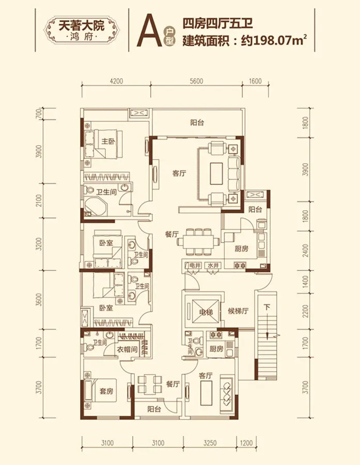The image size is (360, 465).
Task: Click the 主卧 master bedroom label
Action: point(108,142)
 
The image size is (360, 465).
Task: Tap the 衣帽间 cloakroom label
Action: point(128,349)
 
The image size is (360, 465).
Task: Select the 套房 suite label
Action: point(106,391)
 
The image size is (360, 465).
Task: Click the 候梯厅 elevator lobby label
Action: point(238,311)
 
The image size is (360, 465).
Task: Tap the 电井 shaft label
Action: point(195,266)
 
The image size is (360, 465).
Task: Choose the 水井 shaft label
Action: point(213,266)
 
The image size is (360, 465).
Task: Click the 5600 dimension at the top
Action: point(196,81)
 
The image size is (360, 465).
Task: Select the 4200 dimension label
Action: point(116,81)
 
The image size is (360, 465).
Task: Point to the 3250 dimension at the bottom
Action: point(210,443)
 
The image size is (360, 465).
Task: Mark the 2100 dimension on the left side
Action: point(39,201)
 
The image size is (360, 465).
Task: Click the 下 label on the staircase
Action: point(267,307)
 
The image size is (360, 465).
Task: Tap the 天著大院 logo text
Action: point(82,26)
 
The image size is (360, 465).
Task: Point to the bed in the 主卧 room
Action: point(103,145)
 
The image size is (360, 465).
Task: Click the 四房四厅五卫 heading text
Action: point(217,23)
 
